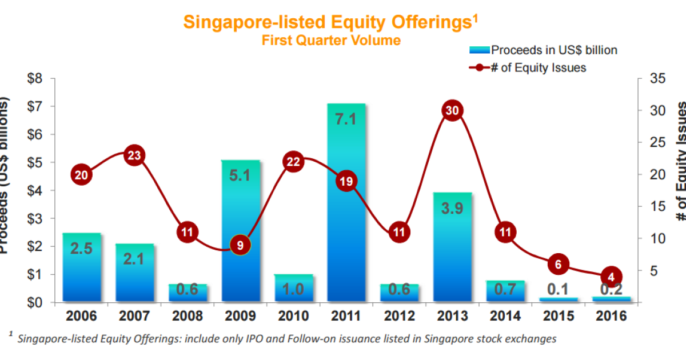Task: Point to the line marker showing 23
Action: (x=134, y=155)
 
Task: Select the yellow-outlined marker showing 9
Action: (x=240, y=245)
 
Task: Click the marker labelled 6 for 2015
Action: (x=558, y=263)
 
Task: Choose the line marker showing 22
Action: (x=293, y=162)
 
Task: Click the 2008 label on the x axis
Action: (x=188, y=316)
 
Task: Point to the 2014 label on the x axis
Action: (x=505, y=316)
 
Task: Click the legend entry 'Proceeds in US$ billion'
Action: (x=554, y=50)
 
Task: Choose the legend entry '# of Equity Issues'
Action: (x=538, y=67)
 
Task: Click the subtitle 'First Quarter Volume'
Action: (x=331, y=40)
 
